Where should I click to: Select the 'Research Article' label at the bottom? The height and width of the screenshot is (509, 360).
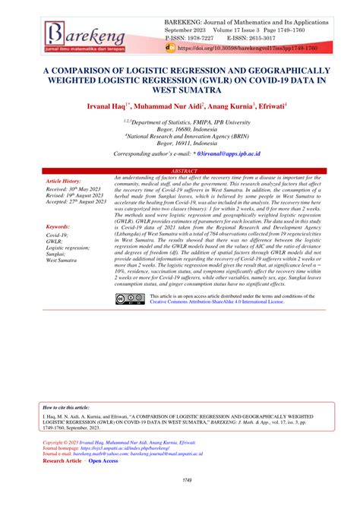[62, 460]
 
